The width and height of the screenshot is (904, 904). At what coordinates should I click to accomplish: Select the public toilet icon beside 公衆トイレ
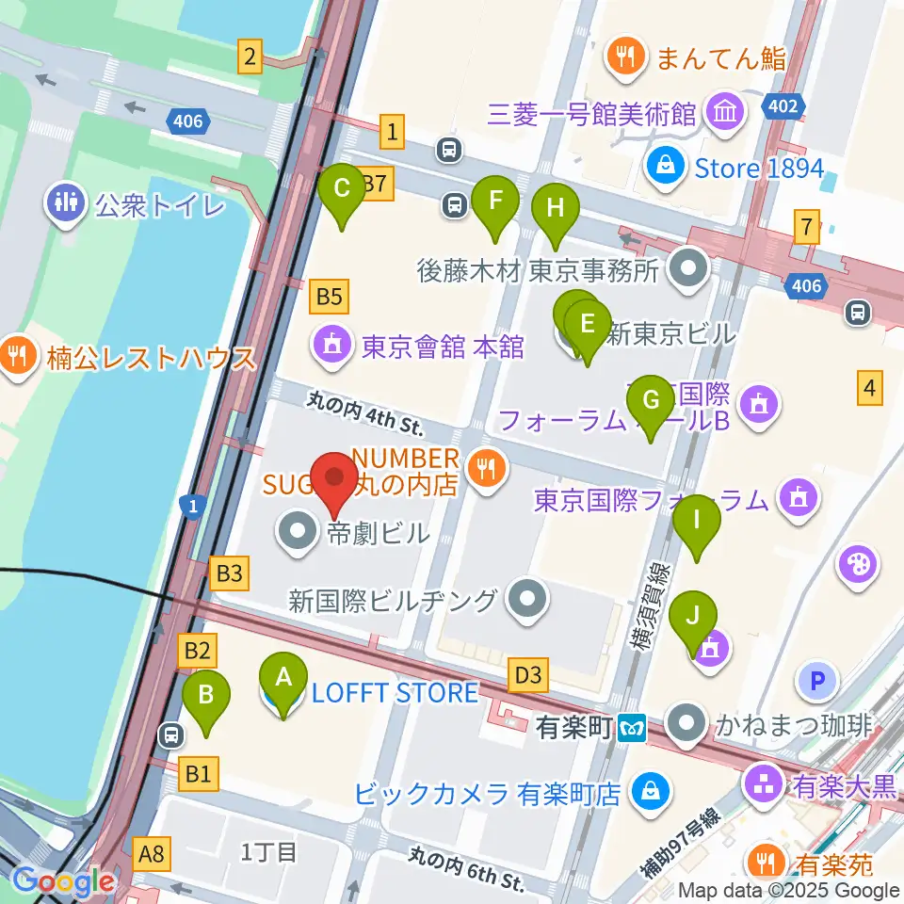[66, 204]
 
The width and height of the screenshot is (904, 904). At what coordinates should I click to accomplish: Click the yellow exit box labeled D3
[528, 674]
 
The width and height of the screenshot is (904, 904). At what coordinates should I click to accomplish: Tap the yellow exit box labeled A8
[152, 855]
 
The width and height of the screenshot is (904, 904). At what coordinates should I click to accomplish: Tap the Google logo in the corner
[63, 881]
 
